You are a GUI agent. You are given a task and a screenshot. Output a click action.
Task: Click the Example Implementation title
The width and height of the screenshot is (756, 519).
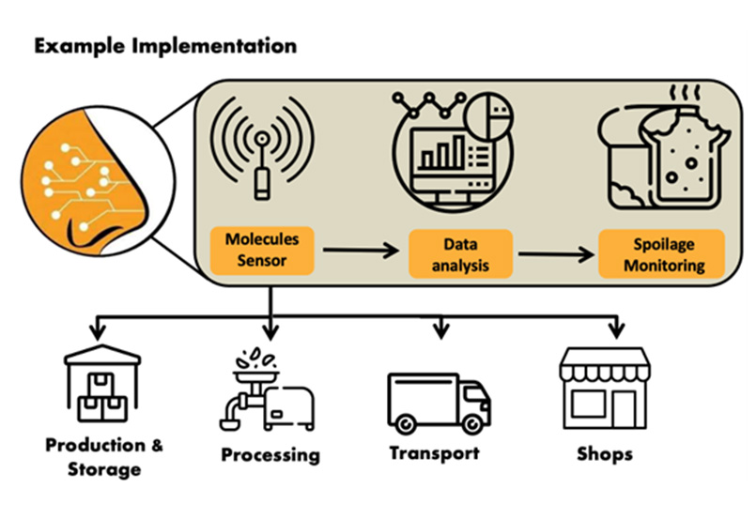[165, 45]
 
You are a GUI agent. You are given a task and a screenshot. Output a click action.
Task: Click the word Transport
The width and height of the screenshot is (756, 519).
[434, 453]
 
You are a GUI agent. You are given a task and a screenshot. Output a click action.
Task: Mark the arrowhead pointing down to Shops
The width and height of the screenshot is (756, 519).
[616, 331]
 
